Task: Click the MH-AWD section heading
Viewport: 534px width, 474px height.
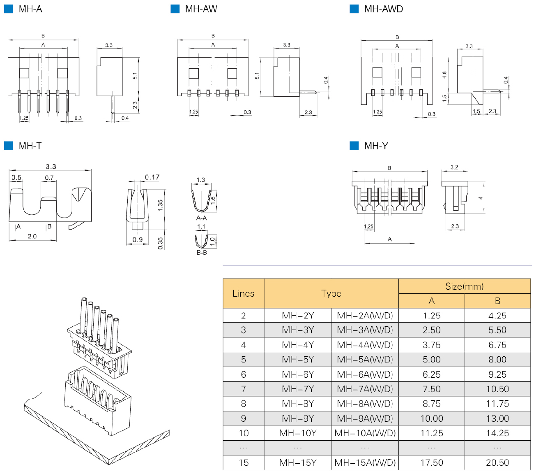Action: [383, 9]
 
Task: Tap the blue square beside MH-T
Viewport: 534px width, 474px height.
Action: [8, 146]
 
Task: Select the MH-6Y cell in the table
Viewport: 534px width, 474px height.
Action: [298, 374]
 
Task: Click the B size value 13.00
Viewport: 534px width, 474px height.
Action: [497, 418]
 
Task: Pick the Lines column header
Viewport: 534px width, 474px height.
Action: [243, 293]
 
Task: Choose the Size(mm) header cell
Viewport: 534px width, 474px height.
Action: [464, 286]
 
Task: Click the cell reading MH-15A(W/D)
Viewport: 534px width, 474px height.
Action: [365, 462]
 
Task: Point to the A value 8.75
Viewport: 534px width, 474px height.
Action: [431, 404]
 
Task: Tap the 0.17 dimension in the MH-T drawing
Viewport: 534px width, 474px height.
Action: [152, 177]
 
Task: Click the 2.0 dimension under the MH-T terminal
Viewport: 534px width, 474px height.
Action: [32, 236]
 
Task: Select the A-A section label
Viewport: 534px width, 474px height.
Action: [201, 218]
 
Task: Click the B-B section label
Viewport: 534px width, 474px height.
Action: [201, 253]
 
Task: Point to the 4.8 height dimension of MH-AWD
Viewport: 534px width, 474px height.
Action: [444, 75]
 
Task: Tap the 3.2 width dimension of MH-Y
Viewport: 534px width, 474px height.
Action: [454, 167]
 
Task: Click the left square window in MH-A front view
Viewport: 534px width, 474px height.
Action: [24, 73]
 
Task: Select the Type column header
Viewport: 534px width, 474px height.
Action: [331, 293]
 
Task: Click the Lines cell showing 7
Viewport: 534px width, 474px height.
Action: [243, 389]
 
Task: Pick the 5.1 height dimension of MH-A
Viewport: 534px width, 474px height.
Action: [135, 76]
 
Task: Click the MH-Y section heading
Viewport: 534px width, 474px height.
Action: [376, 146]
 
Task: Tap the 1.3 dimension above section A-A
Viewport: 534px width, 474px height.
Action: [200, 180]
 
